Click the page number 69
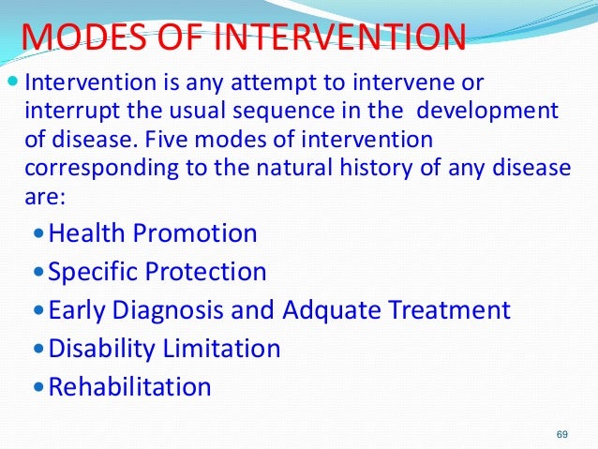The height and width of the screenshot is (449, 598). click(x=562, y=434)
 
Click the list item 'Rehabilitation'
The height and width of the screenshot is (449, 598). click(x=129, y=386)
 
